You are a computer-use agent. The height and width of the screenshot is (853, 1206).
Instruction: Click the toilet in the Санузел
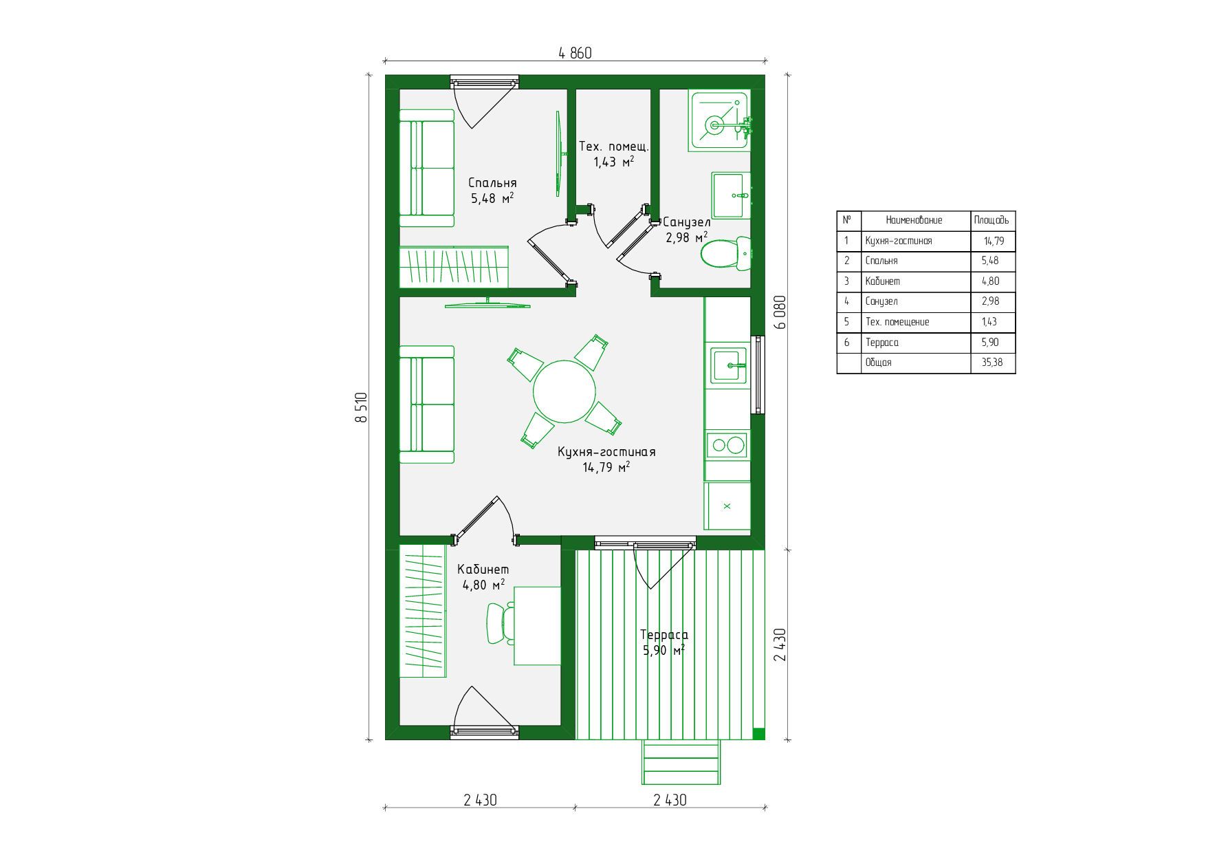click(x=726, y=253)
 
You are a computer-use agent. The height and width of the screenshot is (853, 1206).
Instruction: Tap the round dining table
click(x=564, y=391)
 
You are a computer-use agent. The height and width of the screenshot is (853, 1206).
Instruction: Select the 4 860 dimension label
click(x=575, y=53)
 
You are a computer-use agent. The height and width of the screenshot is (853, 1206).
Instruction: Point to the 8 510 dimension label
click(x=361, y=407)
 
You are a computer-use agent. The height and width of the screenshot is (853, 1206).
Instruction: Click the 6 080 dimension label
click(x=780, y=312)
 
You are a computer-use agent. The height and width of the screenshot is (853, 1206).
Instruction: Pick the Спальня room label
click(x=492, y=183)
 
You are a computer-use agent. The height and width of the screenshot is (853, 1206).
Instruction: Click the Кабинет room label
click(x=483, y=570)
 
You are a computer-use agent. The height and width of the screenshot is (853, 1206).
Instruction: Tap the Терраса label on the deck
click(x=664, y=635)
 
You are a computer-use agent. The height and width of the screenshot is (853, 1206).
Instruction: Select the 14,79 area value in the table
click(x=994, y=241)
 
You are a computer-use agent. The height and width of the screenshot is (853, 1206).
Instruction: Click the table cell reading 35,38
click(x=992, y=363)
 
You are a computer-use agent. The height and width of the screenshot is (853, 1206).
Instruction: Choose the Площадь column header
click(x=991, y=220)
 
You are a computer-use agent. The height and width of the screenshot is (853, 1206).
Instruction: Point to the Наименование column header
click(x=914, y=220)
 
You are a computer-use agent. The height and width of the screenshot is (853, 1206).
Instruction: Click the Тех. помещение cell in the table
click(x=897, y=322)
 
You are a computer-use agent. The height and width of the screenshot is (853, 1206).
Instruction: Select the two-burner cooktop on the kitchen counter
click(x=727, y=445)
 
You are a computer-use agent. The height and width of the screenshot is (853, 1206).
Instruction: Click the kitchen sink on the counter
click(x=730, y=365)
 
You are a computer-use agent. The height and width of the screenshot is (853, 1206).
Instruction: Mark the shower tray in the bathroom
click(x=719, y=120)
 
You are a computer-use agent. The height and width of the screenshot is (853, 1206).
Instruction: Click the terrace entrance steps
click(x=681, y=762)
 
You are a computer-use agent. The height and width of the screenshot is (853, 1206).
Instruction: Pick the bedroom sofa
click(x=427, y=168)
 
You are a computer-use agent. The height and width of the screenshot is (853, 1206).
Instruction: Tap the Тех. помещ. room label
click(x=613, y=147)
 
